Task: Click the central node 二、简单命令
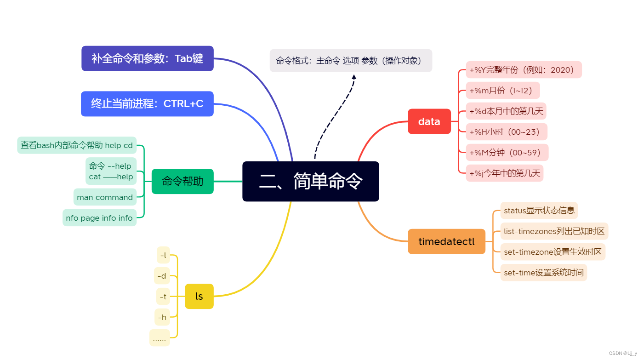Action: (310, 181)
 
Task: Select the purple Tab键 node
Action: (148, 58)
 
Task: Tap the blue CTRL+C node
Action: (147, 103)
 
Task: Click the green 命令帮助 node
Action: (182, 181)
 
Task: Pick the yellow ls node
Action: (199, 296)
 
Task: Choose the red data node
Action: (429, 121)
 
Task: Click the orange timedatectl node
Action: (446, 241)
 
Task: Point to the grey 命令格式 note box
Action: (351, 61)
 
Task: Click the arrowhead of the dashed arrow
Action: (354, 77)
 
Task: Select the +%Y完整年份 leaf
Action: (524, 70)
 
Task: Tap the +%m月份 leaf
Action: (503, 91)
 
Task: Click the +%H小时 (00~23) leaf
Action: (507, 131)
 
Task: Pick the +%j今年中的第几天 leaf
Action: (505, 173)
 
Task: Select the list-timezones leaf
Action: (554, 231)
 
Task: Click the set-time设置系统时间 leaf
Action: (543, 273)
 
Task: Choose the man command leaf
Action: (105, 197)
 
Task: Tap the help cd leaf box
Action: (77, 145)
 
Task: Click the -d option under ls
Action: (162, 276)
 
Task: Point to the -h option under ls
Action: (162, 317)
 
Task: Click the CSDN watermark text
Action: (623, 353)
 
